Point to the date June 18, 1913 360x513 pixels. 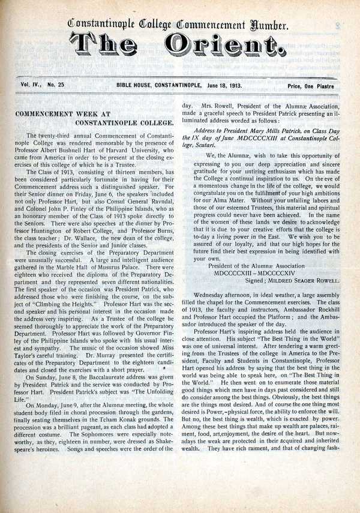click(x=220, y=85)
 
